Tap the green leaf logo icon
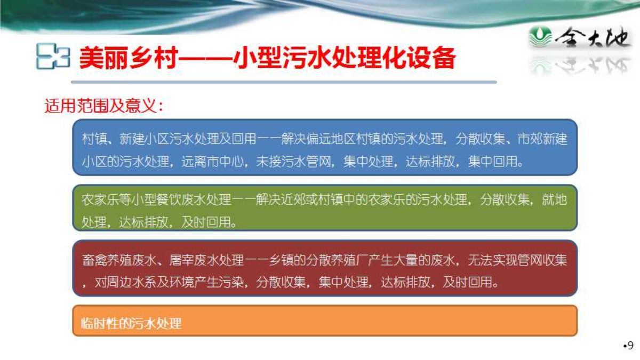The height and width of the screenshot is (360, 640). [540, 37]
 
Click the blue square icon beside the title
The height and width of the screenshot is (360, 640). [53, 56]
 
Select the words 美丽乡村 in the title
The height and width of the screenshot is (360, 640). [129, 58]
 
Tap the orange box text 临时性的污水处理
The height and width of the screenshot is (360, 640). [131, 323]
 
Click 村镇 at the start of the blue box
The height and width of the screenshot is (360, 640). [94, 139]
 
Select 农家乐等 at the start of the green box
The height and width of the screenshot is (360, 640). [107, 199]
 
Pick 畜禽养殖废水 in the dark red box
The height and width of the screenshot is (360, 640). [119, 260]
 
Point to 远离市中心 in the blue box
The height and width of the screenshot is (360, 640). [213, 162]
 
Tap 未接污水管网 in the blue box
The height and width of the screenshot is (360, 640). [293, 162]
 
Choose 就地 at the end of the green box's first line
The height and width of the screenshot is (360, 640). [555, 199]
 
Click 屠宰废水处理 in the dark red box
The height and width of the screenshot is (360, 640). [206, 260]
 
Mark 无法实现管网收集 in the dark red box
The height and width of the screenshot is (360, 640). [517, 260]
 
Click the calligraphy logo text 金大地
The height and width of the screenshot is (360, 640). [592, 37]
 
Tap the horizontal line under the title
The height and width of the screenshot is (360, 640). [284, 82]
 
